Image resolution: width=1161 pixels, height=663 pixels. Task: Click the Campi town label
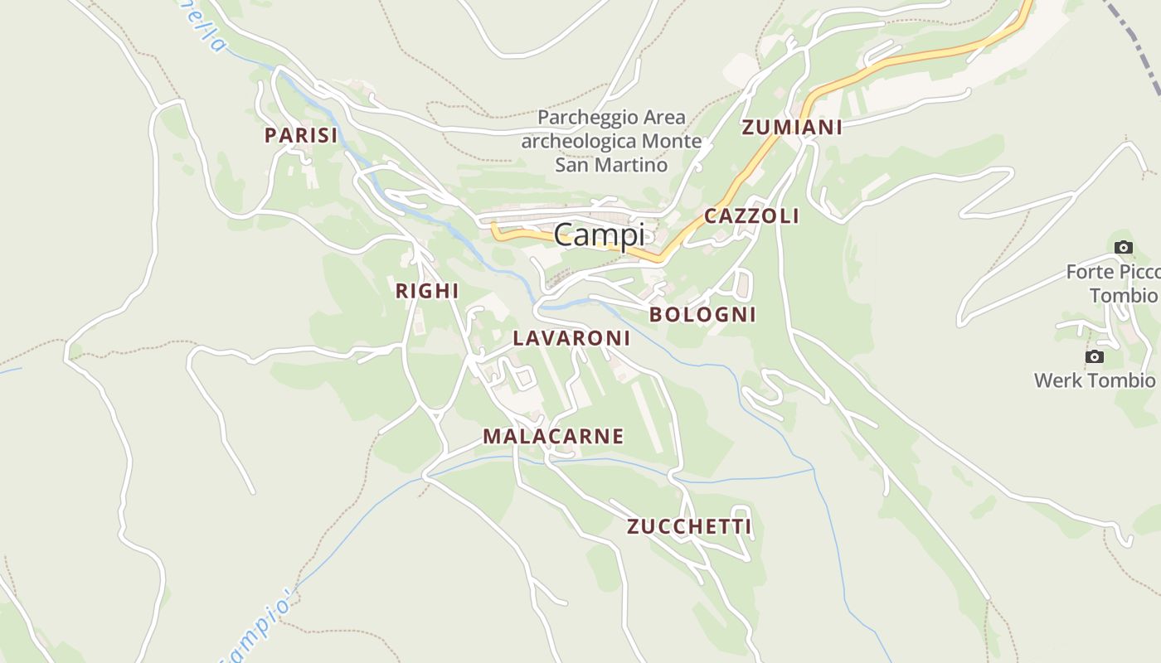point(599,235)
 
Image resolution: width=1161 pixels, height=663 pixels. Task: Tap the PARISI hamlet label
point(301,135)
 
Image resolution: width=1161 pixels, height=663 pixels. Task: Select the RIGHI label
point(427,291)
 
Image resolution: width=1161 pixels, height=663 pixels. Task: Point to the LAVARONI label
point(571,338)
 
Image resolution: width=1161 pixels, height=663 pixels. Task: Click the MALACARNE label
point(553,436)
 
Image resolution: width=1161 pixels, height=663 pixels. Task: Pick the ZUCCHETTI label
point(689,526)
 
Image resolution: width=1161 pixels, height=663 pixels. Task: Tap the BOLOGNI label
point(702,314)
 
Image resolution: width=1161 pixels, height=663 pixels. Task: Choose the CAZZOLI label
point(751,216)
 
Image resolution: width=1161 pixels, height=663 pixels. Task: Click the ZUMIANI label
point(792,127)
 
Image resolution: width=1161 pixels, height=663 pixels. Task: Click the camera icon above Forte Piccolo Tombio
point(1124,247)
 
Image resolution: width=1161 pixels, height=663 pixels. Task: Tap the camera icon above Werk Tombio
point(1095,356)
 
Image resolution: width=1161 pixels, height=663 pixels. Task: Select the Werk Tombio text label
point(1094,380)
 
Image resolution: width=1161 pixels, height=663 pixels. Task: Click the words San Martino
point(611,165)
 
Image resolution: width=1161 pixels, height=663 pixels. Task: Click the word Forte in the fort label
point(1088,272)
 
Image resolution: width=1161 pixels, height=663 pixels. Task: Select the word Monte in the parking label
point(671,141)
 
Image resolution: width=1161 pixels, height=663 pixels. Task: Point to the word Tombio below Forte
point(1124,296)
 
